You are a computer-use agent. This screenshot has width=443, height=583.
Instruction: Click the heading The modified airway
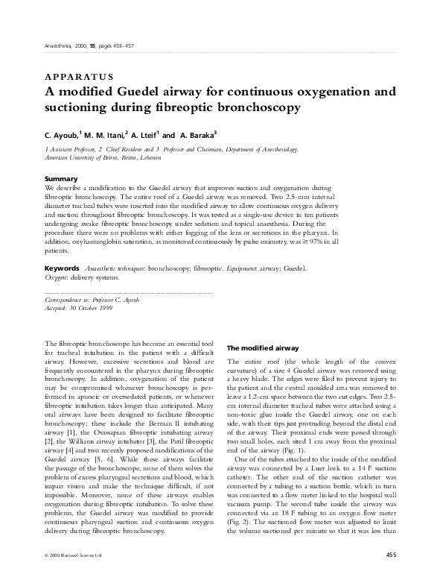pyautogui.click(x=263, y=347)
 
